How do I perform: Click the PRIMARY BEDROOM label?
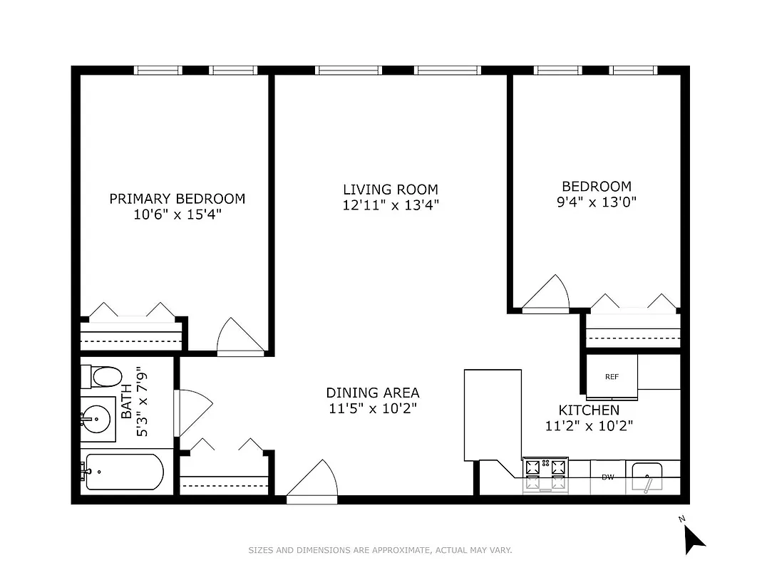click(177, 199)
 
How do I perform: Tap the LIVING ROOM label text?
click(390, 190)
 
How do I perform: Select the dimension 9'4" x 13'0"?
click(596, 202)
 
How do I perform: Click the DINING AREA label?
click(372, 393)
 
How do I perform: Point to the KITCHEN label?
click(588, 410)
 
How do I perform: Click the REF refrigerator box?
click(611, 377)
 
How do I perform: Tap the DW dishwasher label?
click(607, 477)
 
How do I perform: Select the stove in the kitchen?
click(545, 473)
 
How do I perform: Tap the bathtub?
click(122, 471)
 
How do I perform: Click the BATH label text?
click(126, 403)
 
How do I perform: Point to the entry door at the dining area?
click(313, 482)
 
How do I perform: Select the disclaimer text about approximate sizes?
click(380, 550)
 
